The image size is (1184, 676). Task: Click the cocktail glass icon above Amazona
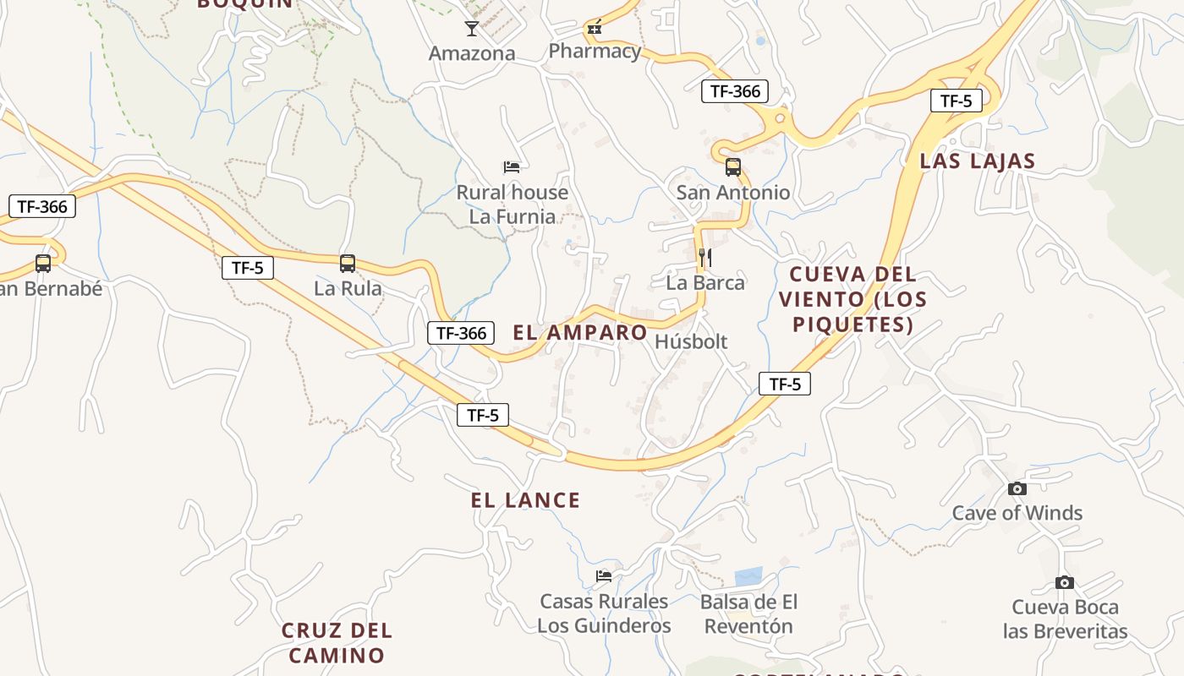[x=472, y=29]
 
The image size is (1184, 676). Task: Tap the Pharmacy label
[x=595, y=52]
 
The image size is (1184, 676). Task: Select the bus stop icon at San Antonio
[x=732, y=167]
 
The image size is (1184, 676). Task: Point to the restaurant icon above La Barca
[x=705, y=257]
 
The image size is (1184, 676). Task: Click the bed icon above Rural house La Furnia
[x=511, y=166]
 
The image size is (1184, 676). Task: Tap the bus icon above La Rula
[x=347, y=263]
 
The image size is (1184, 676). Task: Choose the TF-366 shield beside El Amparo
[x=461, y=333]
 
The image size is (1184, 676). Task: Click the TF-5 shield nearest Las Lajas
[x=956, y=101]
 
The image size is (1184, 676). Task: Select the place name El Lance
[x=525, y=500]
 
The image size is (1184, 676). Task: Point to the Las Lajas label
[x=977, y=161]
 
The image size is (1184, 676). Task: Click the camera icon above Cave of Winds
[x=1017, y=488]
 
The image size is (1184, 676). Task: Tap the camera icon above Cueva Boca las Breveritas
[x=1065, y=582]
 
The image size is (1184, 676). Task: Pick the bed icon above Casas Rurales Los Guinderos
[x=603, y=576]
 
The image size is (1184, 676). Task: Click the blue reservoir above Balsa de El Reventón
[x=748, y=576]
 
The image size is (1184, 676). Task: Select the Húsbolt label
[x=691, y=341]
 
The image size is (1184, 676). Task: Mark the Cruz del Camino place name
[x=337, y=642]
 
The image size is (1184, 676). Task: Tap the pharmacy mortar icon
[x=595, y=29]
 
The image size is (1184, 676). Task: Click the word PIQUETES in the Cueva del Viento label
[x=853, y=324]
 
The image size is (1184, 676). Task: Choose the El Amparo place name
[x=580, y=333]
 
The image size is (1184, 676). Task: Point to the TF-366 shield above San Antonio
[x=734, y=91]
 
